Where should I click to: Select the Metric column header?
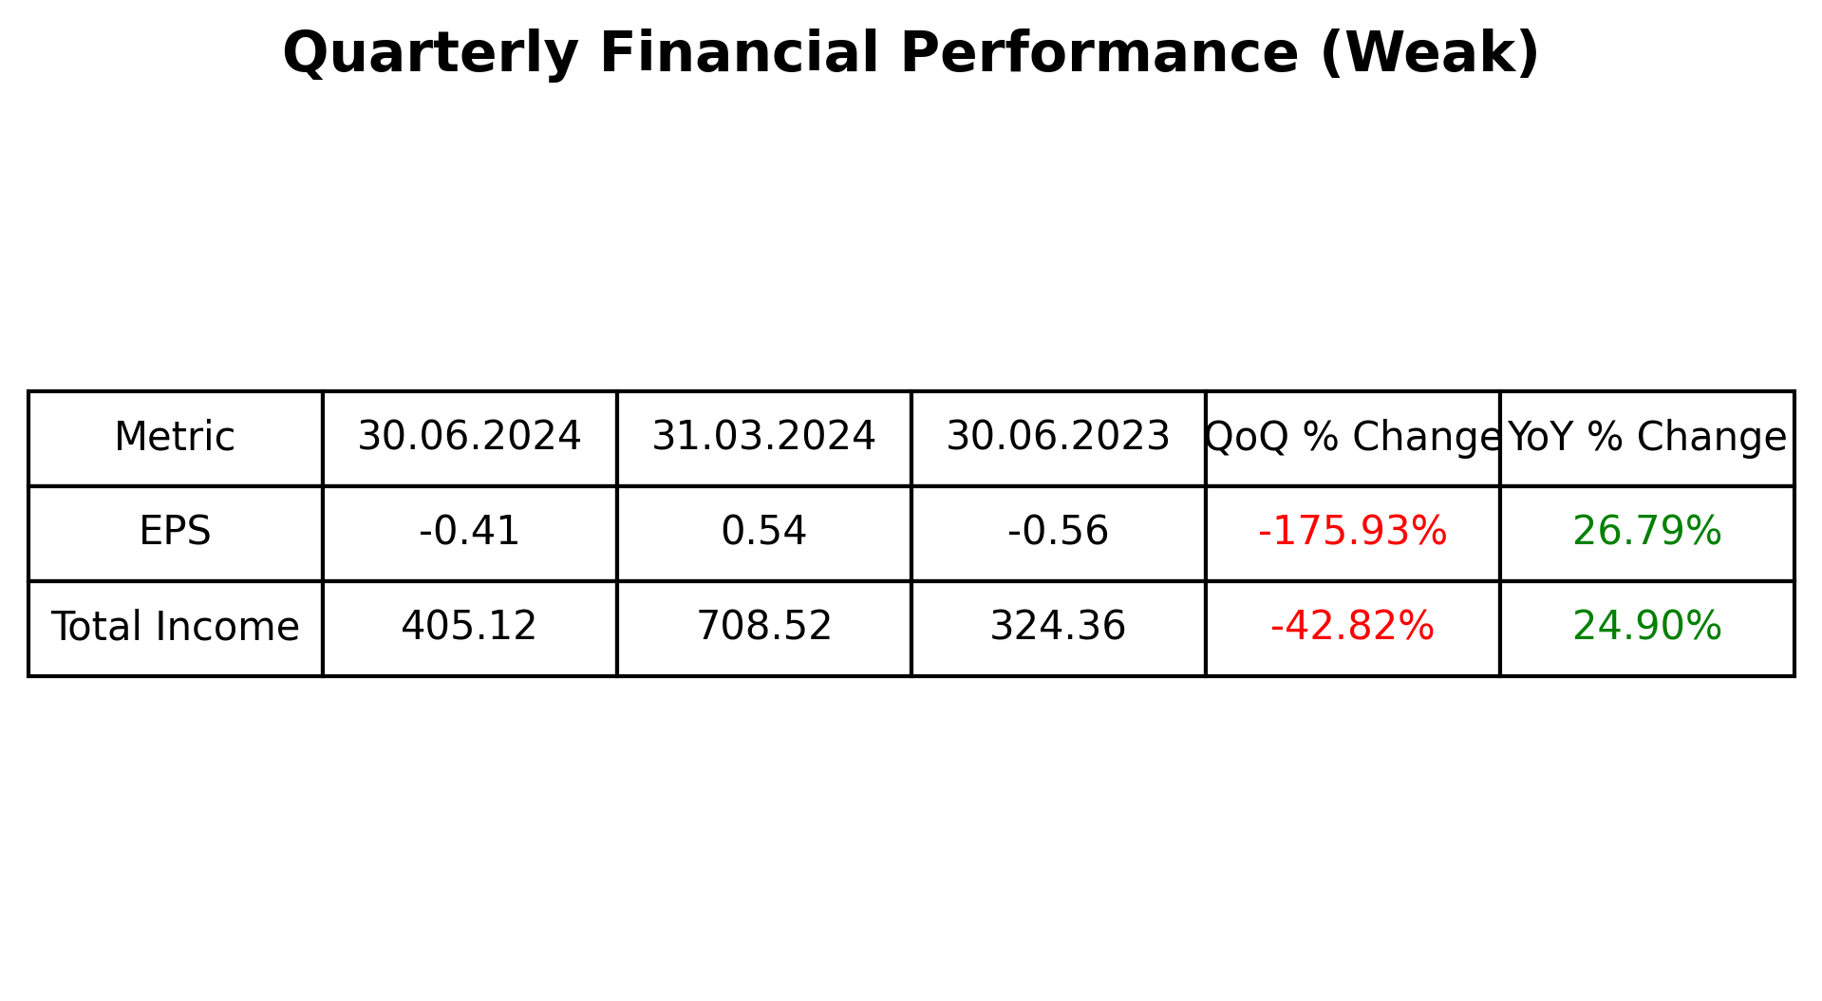click(175, 438)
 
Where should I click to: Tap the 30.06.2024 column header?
click(469, 438)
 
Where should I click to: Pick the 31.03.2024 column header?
click(763, 438)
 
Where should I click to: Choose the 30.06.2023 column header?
click(1058, 438)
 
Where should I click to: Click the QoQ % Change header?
click(1352, 438)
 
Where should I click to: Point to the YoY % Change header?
click(1646, 438)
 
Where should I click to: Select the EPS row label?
click(175, 532)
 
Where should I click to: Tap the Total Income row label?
click(175, 628)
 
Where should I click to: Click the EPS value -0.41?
click(469, 532)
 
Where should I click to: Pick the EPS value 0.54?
click(763, 532)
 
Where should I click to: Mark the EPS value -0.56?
click(1058, 532)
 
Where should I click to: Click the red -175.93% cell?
click(1352, 532)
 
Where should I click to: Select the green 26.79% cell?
click(1646, 532)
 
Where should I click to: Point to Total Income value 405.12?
click(469, 628)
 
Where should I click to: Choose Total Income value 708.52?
click(763, 628)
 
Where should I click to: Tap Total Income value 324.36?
click(1058, 628)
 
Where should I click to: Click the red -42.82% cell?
click(1352, 628)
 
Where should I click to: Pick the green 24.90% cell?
click(1646, 628)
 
